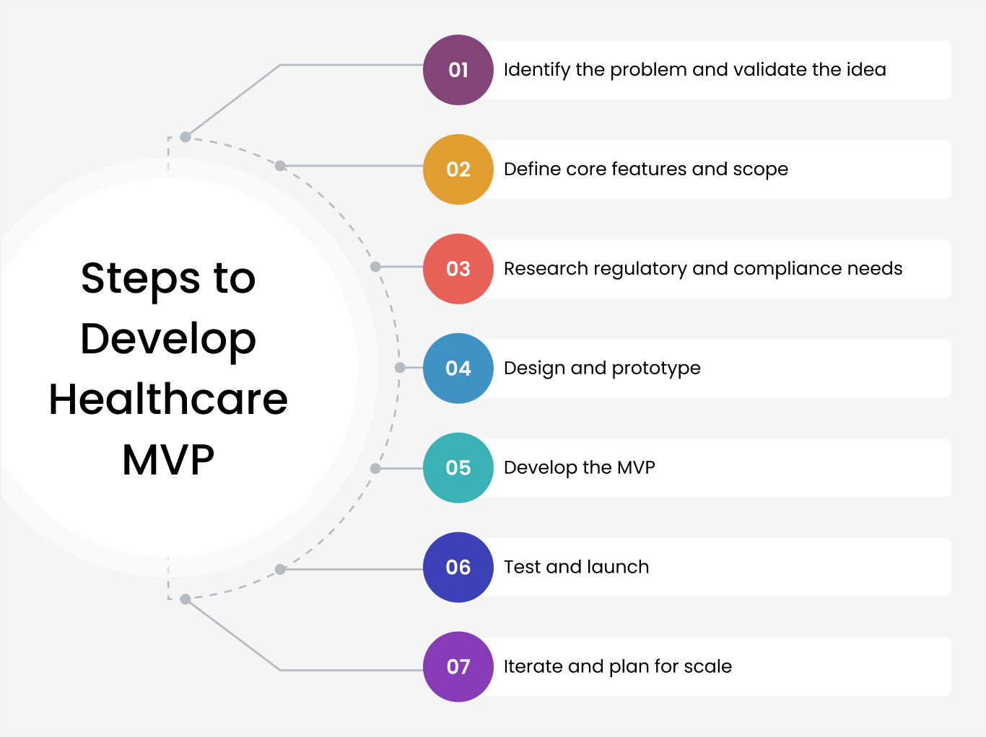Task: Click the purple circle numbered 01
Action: click(x=458, y=70)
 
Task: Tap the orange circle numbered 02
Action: click(x=458, y=169)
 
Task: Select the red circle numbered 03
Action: click(x=458, y=269)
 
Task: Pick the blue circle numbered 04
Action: click(x=458, y=368)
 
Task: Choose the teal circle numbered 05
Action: click(x=458, y=468)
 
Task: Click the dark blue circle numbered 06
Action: click(x=458, y=568)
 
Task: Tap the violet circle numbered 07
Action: click(x=458, y=667)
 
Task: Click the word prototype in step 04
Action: click(x=656, y=369)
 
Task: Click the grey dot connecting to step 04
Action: click(x=400, y=368)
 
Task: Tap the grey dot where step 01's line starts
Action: click(x=185, y=137)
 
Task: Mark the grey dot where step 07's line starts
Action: click(x=185, y=599)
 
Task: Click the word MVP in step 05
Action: click(x=636, y=467)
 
